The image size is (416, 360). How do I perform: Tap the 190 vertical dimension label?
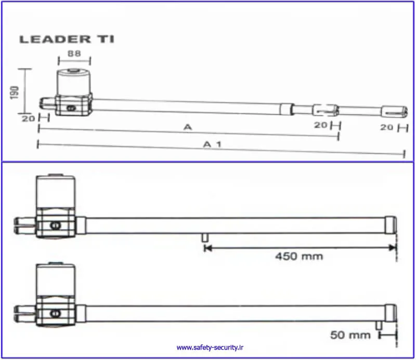coord(15,92)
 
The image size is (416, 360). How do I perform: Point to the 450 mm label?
coord(299,256)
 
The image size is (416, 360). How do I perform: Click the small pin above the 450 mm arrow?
coord(204,237)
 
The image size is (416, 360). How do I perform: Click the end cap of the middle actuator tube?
coord(391,225)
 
